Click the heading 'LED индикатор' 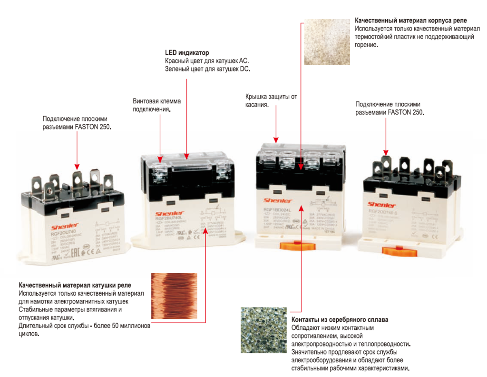click(x=187, y=53)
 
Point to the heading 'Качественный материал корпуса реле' click(x=411, y=21)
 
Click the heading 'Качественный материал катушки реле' click(x=75, y=285)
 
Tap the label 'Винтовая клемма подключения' click(x=156, y=105)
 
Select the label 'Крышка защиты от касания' click(x=271, y=100)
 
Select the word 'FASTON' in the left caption click(x=85, y=127)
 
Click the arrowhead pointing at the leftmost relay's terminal click(x=77, y=167)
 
